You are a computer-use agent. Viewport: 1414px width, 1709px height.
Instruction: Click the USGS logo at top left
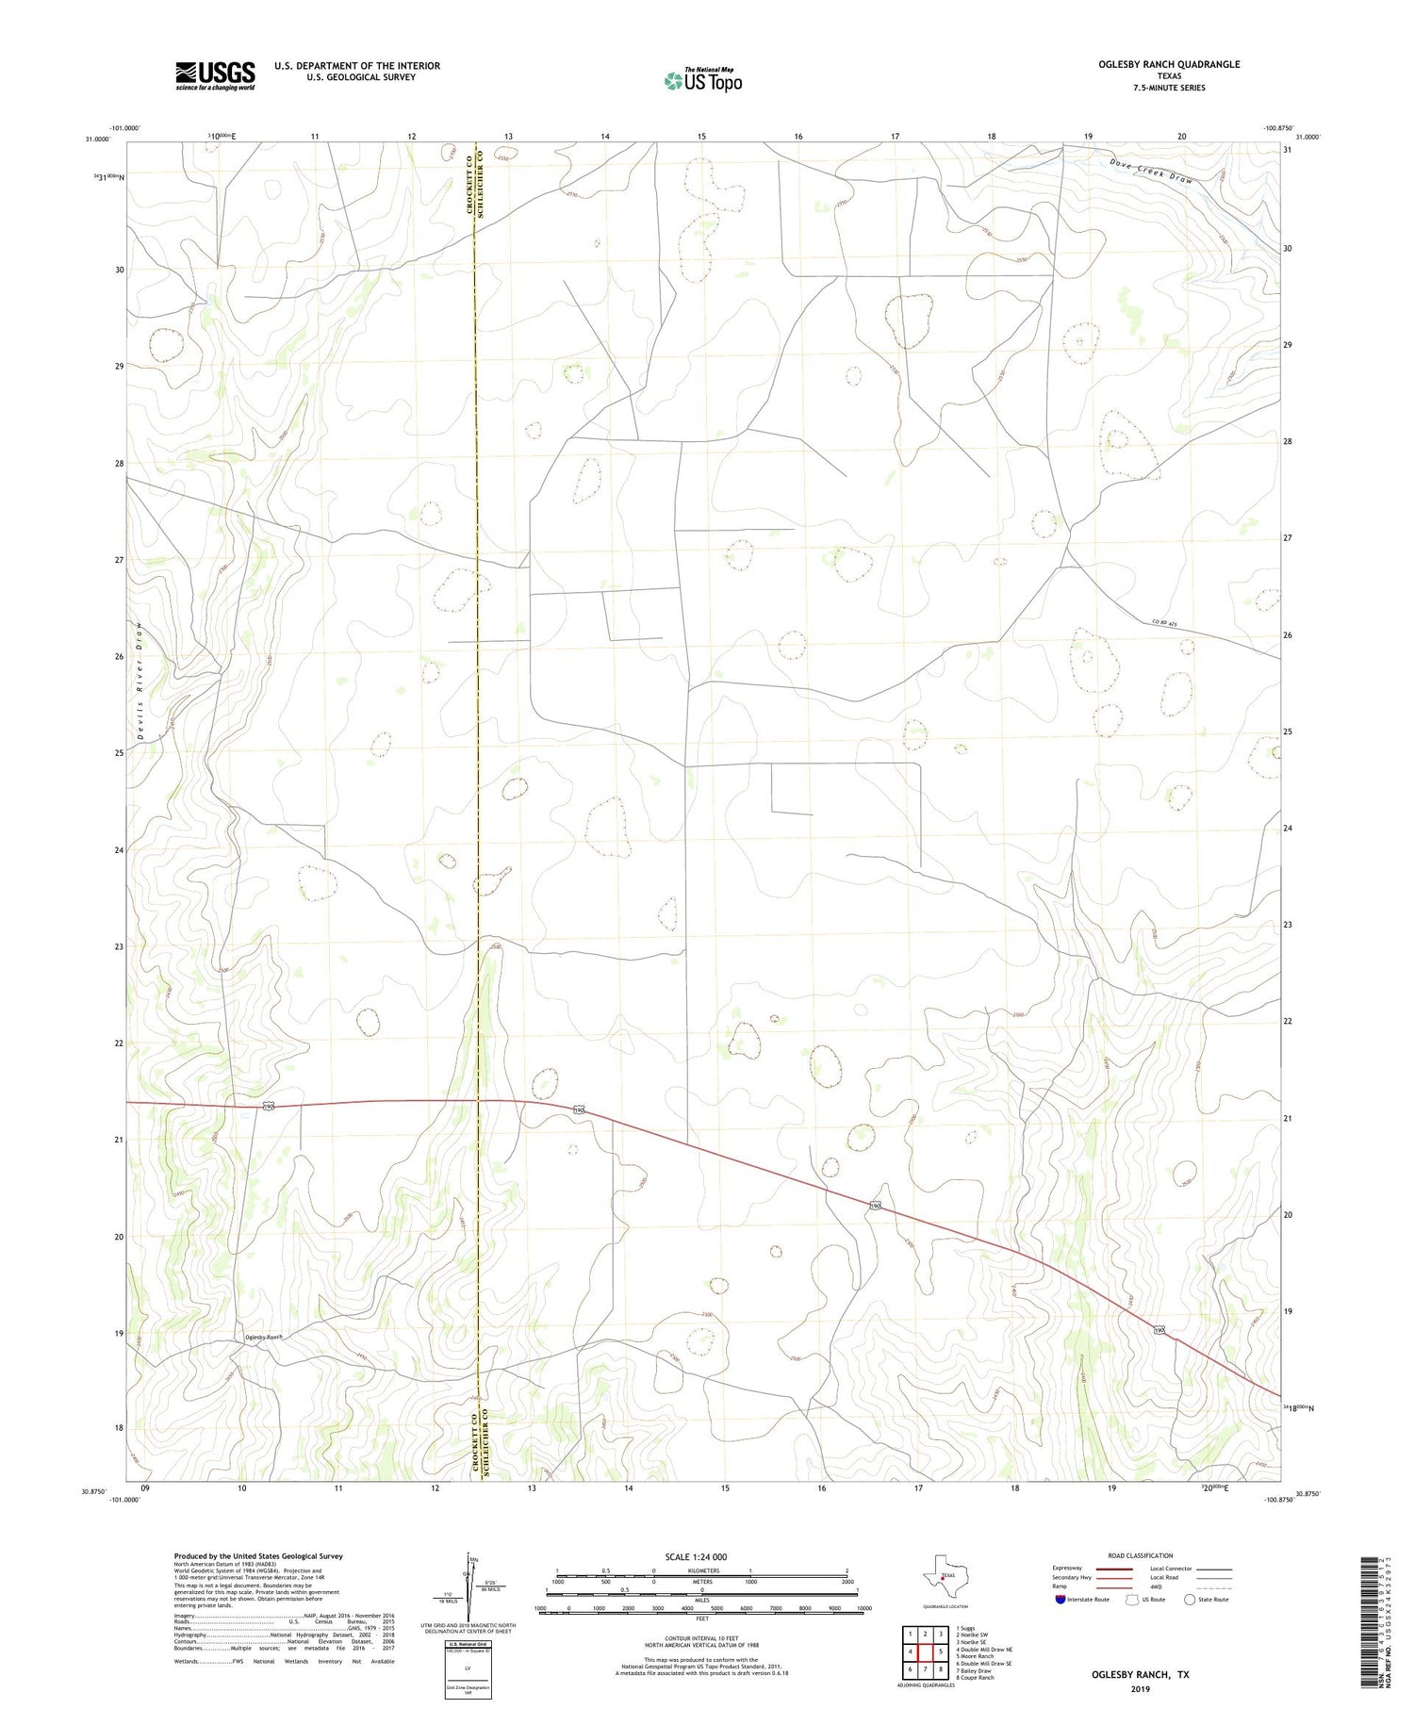215,75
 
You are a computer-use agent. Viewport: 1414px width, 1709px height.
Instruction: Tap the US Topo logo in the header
703,80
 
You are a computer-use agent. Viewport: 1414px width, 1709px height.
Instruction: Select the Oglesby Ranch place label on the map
264,1337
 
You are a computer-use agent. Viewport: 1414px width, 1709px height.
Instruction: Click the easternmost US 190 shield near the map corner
1159,1330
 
